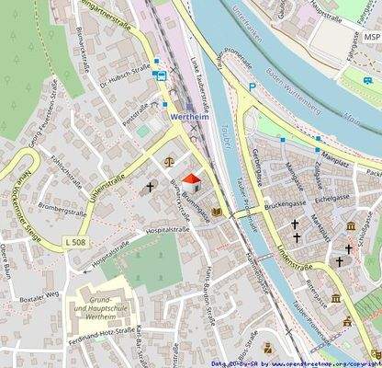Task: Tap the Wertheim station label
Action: (195, 118)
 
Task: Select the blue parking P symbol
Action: (251, 88)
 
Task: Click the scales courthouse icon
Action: (167, 160)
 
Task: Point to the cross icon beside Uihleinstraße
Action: (150, 187)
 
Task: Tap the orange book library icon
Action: (217, 213)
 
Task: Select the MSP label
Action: (371, 37)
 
